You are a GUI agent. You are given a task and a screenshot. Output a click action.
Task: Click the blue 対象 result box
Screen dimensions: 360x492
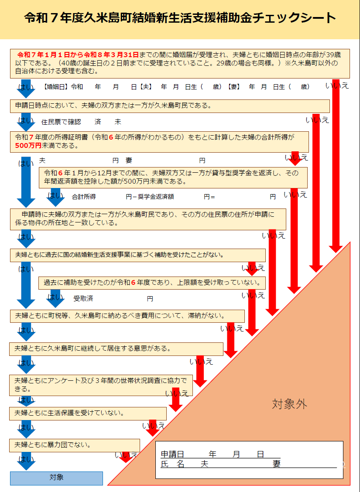point(56,478)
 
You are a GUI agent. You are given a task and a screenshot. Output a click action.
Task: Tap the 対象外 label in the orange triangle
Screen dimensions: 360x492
point(289,404)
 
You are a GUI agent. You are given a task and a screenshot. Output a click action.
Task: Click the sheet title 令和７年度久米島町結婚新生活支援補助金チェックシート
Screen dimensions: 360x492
point(180,18)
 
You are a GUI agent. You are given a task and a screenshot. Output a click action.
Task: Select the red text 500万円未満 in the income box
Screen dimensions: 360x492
point(28,146)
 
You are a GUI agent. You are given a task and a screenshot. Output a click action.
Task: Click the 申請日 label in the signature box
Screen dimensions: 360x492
point(172,454)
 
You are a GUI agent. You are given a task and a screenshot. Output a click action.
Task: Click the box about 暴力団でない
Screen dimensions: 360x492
point(75,445)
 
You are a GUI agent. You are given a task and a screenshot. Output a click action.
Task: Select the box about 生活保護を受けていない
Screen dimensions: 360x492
point(88,413)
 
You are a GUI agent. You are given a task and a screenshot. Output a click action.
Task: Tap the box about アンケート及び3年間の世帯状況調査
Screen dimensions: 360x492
point(101,385)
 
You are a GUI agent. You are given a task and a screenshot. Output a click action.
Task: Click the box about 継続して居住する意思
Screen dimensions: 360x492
point(116,349)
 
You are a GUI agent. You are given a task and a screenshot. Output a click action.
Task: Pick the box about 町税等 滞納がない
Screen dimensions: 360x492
point(127,316)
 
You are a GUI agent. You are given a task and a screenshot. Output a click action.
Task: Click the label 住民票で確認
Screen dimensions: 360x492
point(61,122)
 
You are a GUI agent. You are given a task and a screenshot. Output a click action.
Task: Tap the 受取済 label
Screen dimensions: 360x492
point(83,298)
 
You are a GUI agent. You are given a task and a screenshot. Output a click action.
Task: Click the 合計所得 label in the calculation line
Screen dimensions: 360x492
point(84,197)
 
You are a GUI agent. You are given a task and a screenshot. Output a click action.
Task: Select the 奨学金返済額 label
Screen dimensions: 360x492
point(156,197)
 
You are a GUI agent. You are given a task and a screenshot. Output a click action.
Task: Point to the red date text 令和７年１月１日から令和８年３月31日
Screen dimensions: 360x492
point(78,55)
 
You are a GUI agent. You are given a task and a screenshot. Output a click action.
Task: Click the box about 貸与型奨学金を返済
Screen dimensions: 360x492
point(173,178)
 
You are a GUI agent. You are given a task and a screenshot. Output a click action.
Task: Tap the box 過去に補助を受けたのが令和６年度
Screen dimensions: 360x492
point(152,283)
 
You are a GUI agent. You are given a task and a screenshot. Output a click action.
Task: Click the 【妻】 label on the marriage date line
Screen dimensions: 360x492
point(234,87)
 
